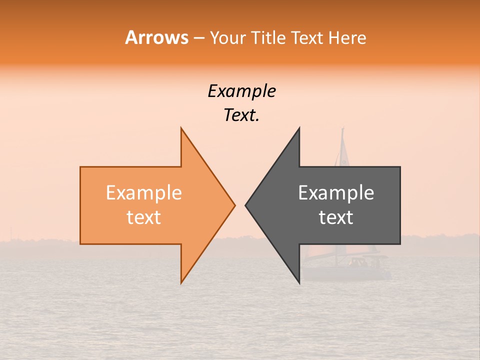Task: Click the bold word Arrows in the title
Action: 156,37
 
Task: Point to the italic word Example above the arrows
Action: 241,91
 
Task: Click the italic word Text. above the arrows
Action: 241,115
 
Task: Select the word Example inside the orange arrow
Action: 143,193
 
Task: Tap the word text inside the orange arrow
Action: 143,217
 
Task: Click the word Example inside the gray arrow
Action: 336,193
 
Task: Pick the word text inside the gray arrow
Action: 336,217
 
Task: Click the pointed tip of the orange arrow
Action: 234,205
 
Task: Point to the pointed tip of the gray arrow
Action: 245,205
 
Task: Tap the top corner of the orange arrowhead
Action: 181,128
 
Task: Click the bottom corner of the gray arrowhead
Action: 299,283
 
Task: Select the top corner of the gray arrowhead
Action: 299,128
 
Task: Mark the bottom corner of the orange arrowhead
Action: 181,283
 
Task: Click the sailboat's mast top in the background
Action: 343,129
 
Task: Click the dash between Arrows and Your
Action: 198,38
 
